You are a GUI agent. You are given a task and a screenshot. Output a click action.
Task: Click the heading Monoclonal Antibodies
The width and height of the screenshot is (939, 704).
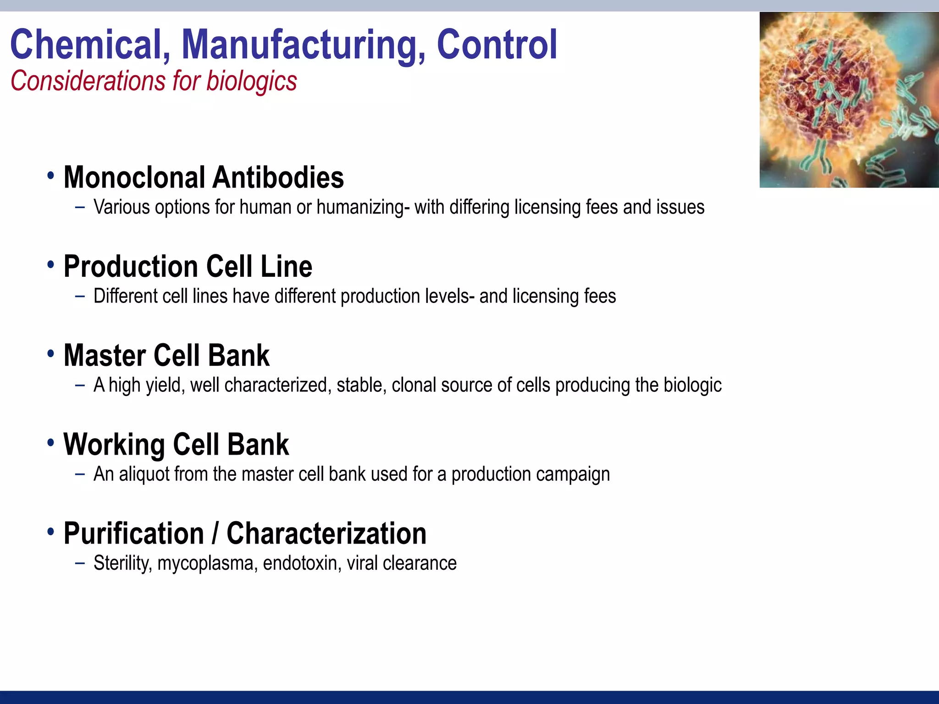click(204, 177)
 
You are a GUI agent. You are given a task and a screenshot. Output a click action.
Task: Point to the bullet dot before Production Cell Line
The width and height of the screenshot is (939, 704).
click(50, 264)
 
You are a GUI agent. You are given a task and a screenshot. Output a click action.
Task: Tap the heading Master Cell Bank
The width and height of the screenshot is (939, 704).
click(166, 356)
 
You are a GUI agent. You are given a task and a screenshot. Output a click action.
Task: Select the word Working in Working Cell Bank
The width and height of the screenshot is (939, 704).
click(114, 445)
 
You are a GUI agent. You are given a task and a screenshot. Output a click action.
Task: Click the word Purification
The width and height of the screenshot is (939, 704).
click(133, 533)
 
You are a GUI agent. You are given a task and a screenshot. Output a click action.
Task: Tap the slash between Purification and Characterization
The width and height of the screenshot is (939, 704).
click(215, 533)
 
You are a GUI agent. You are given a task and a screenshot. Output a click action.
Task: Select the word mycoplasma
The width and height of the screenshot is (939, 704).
click(207, 564)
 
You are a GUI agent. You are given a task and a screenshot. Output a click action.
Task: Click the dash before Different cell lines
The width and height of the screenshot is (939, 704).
click(80, 297)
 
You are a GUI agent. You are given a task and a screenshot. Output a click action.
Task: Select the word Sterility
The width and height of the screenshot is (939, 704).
click(122, 563)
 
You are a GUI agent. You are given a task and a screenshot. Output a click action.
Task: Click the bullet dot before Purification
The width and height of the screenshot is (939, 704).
click(50, 532)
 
